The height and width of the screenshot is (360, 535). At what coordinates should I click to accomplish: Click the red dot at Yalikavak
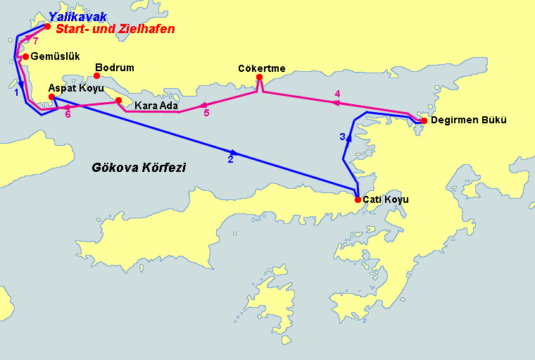tap(47, 27)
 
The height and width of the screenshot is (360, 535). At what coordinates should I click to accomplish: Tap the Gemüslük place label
tap(51, 56)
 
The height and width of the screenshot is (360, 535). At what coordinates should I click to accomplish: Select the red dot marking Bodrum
tap(97, 75)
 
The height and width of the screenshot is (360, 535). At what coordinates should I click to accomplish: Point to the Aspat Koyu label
tap(76, 89)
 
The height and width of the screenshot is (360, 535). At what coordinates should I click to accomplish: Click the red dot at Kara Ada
tap(118, 101)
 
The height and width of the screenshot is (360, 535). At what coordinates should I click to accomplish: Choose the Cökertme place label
tap(261, 68)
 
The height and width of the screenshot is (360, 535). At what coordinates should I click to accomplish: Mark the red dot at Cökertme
tap(260, 77)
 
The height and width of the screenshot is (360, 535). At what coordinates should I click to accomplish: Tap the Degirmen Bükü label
tap(468, 120)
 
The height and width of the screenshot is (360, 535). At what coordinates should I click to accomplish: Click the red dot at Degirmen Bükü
tap(424, 120)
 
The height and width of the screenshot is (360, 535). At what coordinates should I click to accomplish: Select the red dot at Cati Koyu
tap(358, 199)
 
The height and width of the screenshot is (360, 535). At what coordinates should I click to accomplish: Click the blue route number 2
tap(230, 160)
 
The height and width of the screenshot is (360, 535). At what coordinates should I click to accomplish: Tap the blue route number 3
tap(342, 137)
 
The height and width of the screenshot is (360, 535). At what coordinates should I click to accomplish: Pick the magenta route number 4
tap(337, 94)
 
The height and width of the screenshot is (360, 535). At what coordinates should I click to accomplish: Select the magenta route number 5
tap(206, 113)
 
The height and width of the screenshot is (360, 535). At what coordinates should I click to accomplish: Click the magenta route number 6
tap(68, 114)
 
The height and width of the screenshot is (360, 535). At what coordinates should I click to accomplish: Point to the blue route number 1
tap(15, 92)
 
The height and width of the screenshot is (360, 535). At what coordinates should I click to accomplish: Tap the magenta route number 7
tap(35, 41)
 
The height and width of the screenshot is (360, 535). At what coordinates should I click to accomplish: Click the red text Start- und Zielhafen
tap(115, 30)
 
